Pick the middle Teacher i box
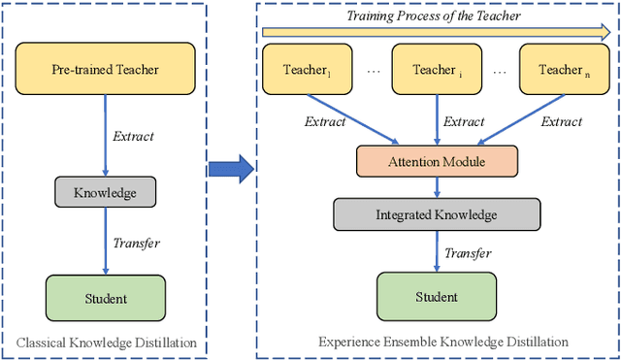[x=434, y=70]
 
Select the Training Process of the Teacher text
[x=434, y=16]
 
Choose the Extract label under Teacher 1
[x=324, y=122]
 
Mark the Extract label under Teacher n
[x=560, y=122]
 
